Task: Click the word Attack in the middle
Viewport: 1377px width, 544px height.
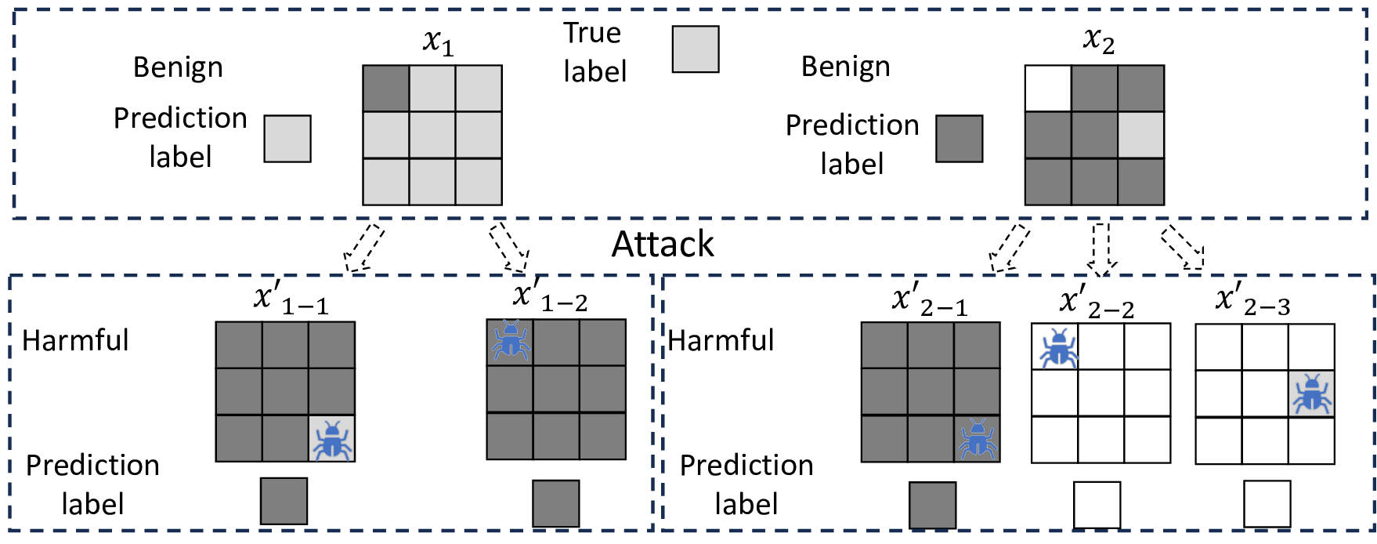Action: point(662,245)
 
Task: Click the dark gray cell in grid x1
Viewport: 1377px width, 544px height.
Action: point(386,89)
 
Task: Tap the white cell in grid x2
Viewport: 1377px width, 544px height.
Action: point(1048,89)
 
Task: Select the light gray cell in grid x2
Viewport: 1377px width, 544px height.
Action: point(1140,135)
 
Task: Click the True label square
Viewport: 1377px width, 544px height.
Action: point(696,49)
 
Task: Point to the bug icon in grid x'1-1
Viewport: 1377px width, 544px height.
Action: point(332,440)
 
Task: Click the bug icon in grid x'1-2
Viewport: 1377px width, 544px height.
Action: point(511,340)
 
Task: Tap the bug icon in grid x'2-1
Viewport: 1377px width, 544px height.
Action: point(978,439)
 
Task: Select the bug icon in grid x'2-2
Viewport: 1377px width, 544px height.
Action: point(1057,347)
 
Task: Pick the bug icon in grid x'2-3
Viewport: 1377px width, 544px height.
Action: point(1311,393)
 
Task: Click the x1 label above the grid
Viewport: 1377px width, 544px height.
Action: point(438,42)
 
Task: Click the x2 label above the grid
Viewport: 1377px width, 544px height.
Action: point(1098,39)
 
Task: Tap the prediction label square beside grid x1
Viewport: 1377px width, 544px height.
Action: point(287,139)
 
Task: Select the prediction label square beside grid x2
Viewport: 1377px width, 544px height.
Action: point(959,139)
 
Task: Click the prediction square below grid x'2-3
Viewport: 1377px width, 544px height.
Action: point(1267,504)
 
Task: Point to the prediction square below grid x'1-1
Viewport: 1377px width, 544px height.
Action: point(284,501)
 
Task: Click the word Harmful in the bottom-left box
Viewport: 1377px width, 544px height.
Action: point(75,340)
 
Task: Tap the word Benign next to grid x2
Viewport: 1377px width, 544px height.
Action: point(845,67)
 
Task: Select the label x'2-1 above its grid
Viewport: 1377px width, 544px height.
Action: point(929,301)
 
